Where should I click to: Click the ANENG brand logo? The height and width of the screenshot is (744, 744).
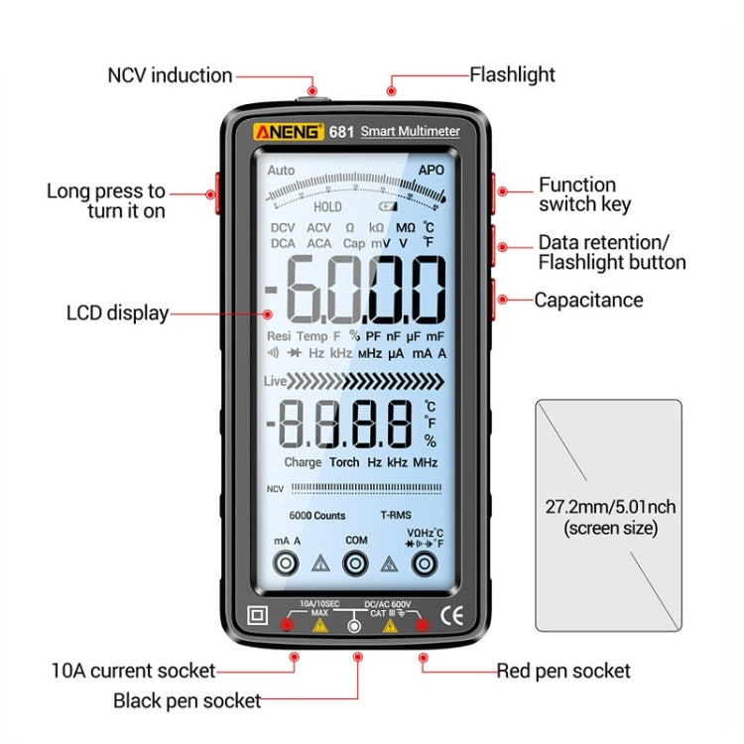(x=287, y=131)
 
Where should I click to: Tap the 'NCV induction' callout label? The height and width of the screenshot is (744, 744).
(x=170, y=75)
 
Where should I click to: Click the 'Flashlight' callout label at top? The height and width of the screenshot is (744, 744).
(x=512, y=74)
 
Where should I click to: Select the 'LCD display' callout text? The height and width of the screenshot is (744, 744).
(x=117, y=313)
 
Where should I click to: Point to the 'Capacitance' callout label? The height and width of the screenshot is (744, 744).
(x=588, y=300)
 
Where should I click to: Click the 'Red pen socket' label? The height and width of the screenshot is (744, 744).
(x=563, y=672)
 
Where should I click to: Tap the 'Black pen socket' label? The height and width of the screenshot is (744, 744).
(x=187, y=701)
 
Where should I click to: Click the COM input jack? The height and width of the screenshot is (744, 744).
(x=356, y=563)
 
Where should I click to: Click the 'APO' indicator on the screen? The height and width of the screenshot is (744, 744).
(x=431, y=171)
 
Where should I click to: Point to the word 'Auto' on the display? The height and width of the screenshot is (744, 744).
(x=281, y=171)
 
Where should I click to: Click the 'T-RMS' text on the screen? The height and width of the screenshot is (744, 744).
(x=396, y=516)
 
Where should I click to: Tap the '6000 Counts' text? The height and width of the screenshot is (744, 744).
(x=317, y=516)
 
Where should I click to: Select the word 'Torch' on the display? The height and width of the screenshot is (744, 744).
(x=344, y=462)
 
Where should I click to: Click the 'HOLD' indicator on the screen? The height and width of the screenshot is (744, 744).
(x=327, y=207)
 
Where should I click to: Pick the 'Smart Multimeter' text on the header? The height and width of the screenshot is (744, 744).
(x=410, y=131)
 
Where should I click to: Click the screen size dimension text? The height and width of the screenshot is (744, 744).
(x=610, y=518)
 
